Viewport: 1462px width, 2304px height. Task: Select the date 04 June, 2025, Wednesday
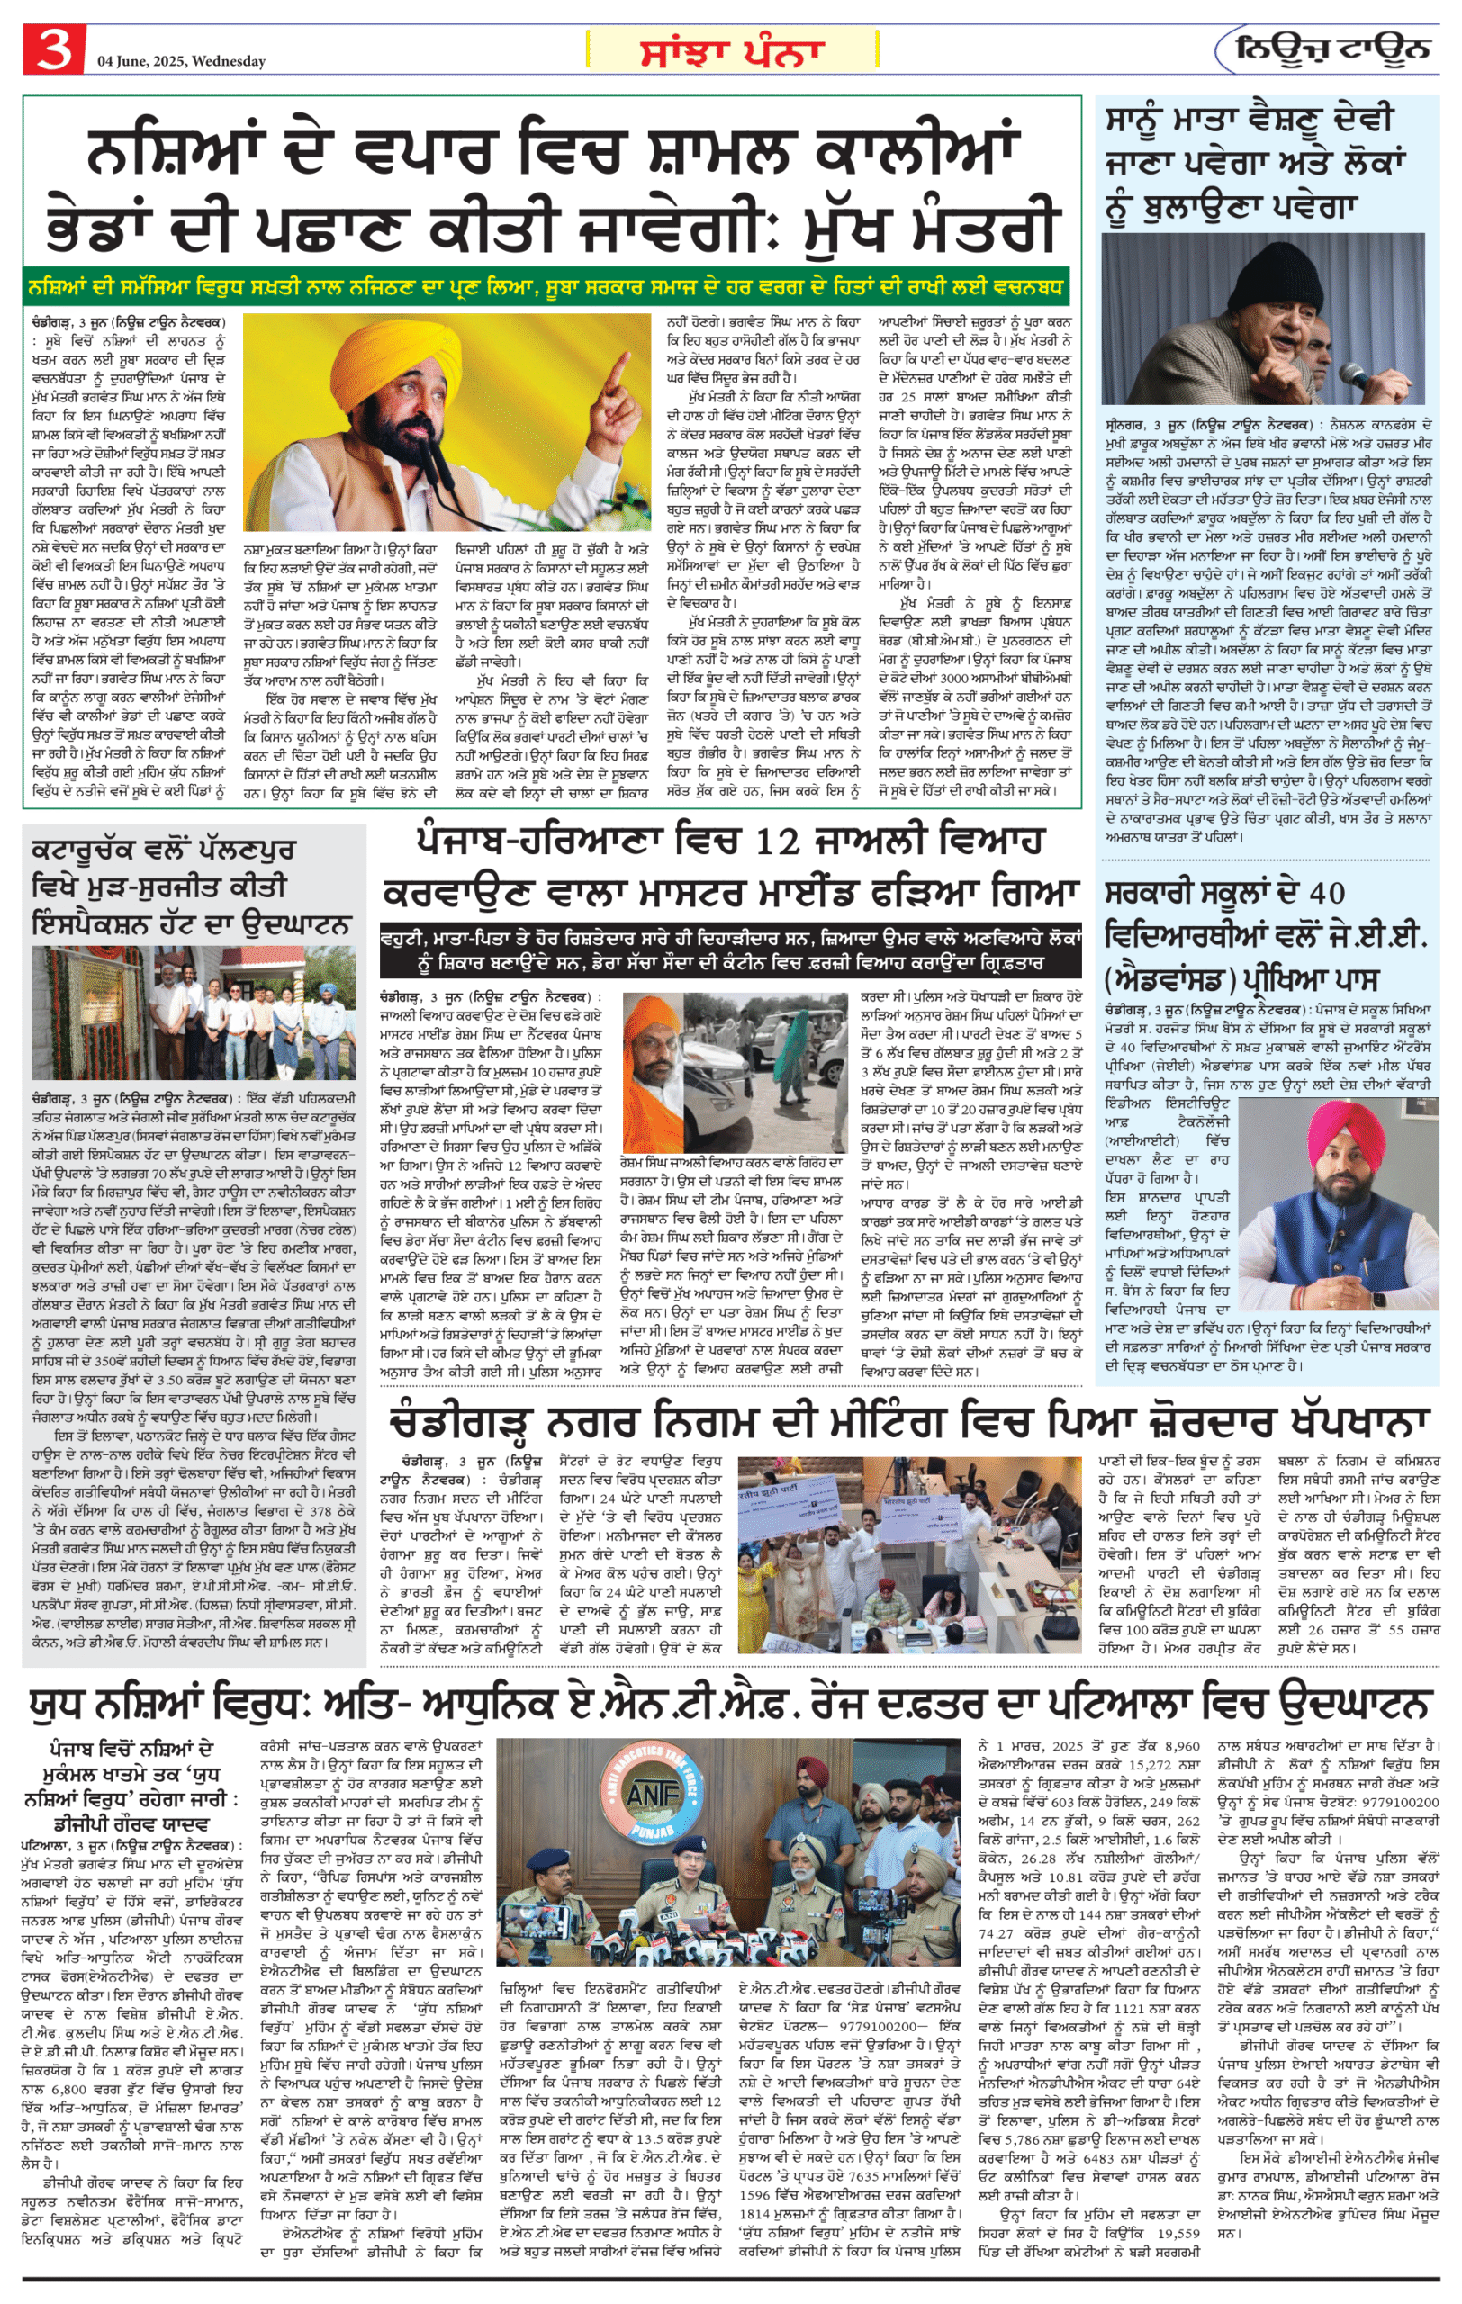pyautogui.click(x=181, y=61)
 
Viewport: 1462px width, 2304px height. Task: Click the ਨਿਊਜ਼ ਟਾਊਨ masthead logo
pyautogui.click(x=1333, y=49)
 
